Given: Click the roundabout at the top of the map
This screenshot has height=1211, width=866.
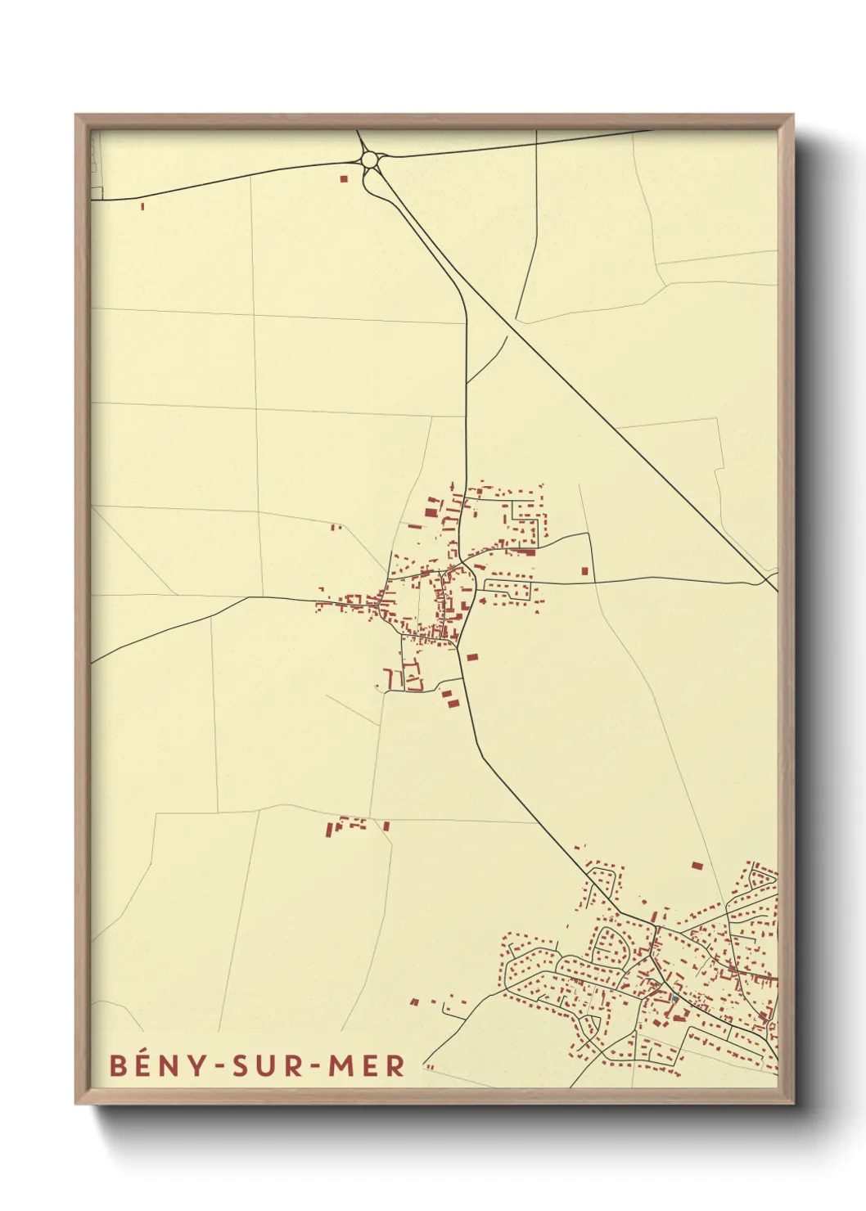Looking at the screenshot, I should click(371, 159).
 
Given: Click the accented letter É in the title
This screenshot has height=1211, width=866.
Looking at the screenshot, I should click(142, 1065).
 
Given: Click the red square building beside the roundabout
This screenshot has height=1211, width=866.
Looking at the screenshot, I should click(344, 178).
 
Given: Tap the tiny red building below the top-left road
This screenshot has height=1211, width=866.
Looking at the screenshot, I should click(142, 206).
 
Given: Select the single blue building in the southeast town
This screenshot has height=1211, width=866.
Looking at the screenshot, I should click(674, 998).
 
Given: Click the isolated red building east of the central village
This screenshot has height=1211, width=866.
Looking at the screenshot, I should click(584, 571).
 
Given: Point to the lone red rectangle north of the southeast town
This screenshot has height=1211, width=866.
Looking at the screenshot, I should click(697, 865).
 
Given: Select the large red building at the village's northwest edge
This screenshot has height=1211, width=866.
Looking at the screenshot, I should click(431, 511).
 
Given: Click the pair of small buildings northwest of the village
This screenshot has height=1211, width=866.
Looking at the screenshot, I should click(335, 527).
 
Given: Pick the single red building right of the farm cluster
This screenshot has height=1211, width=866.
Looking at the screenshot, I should click(386, 826).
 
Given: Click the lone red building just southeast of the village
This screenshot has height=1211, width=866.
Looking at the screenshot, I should click(471, 656).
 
